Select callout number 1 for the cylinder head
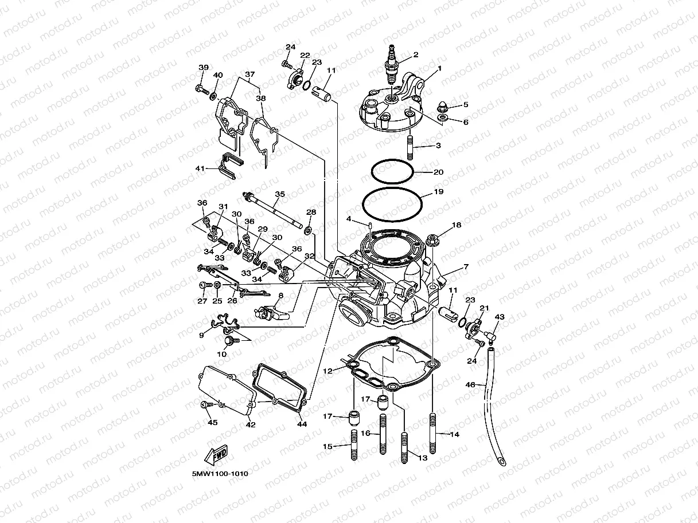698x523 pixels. (439, 69)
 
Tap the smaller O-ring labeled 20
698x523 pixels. (392, 171)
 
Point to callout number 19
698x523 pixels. (438, 192)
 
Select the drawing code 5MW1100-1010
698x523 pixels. (220, 474)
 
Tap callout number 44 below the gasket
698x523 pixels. (301, 424)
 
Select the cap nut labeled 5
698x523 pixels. (442, 107)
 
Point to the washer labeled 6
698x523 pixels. (442, 118)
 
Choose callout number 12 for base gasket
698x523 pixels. (327, 371)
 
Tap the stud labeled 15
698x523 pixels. (354, 445)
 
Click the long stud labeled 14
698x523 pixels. (432, 434)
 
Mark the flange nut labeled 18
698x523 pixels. (434, 239)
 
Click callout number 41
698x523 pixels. (200, 169)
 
